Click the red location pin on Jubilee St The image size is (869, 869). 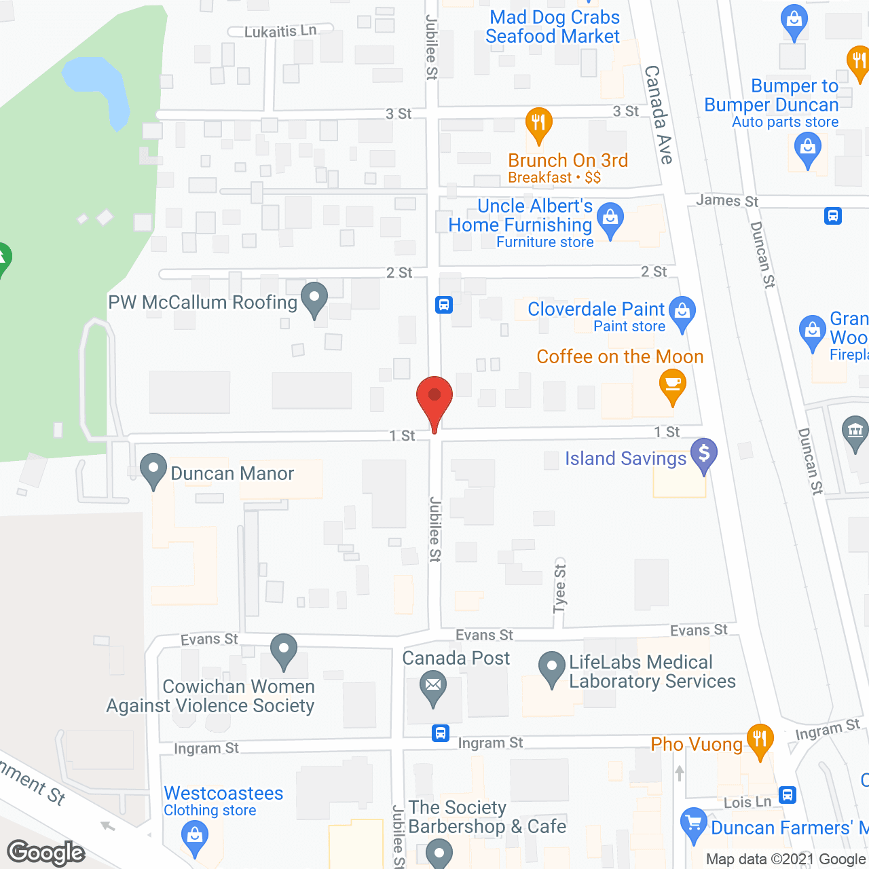click(x=434, y=397)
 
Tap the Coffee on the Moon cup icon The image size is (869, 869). click(x=672, y=385)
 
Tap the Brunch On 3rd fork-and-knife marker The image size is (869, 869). click(x=538, y=123)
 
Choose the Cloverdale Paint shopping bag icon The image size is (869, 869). click(x=682, y=312)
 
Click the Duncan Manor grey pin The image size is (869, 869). click(x=153, y=468)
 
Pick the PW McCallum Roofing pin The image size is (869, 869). click(x=314, y=297)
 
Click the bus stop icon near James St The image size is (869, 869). click(x=833, y=216)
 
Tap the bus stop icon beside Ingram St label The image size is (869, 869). click(x=441, y=733)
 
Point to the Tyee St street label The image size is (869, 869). click(x=560, y=588)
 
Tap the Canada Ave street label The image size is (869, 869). click(x=659, y=114)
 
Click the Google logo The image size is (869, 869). click(x=46, y=853)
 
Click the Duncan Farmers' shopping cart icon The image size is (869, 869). click(x=693, y=824)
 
